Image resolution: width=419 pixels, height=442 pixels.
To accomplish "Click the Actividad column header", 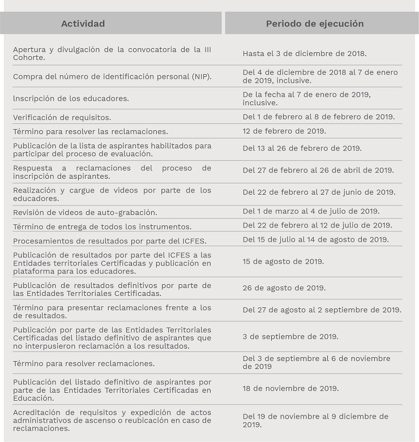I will coord(83,24).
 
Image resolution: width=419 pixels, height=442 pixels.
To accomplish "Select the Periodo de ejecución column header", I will coord(315,24).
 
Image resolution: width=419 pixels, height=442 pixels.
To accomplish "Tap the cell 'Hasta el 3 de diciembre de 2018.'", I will coord(305,54).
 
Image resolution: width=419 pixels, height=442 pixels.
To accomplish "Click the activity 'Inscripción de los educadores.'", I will coord(71,98).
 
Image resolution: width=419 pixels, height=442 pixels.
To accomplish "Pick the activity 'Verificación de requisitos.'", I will coord(62,118).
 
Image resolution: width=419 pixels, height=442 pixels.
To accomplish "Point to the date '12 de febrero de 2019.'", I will coord(284,131).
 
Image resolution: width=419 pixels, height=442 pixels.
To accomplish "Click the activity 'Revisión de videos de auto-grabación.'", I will coord(85,213).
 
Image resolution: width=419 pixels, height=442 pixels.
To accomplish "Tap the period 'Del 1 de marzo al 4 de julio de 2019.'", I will coord(311,212).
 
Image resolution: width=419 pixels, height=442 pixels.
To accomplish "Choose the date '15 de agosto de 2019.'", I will coord(283,262).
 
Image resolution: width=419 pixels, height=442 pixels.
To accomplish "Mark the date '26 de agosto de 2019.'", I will coord(284,288).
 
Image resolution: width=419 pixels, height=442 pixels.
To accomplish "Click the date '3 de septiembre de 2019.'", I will coord(290,337).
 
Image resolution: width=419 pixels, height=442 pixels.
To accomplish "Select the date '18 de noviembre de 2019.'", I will coord(291,389).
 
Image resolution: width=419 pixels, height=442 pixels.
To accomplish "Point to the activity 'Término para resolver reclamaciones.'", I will coord(84,363).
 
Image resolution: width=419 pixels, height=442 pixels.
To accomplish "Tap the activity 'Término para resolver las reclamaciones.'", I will coord(90,131).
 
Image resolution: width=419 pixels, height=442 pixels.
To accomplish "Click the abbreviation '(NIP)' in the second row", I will coord(201,76).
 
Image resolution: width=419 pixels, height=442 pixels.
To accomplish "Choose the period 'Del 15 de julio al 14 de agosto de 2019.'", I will coord(315,239).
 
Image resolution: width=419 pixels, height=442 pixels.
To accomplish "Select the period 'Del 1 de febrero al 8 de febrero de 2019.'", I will coord(319,117).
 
